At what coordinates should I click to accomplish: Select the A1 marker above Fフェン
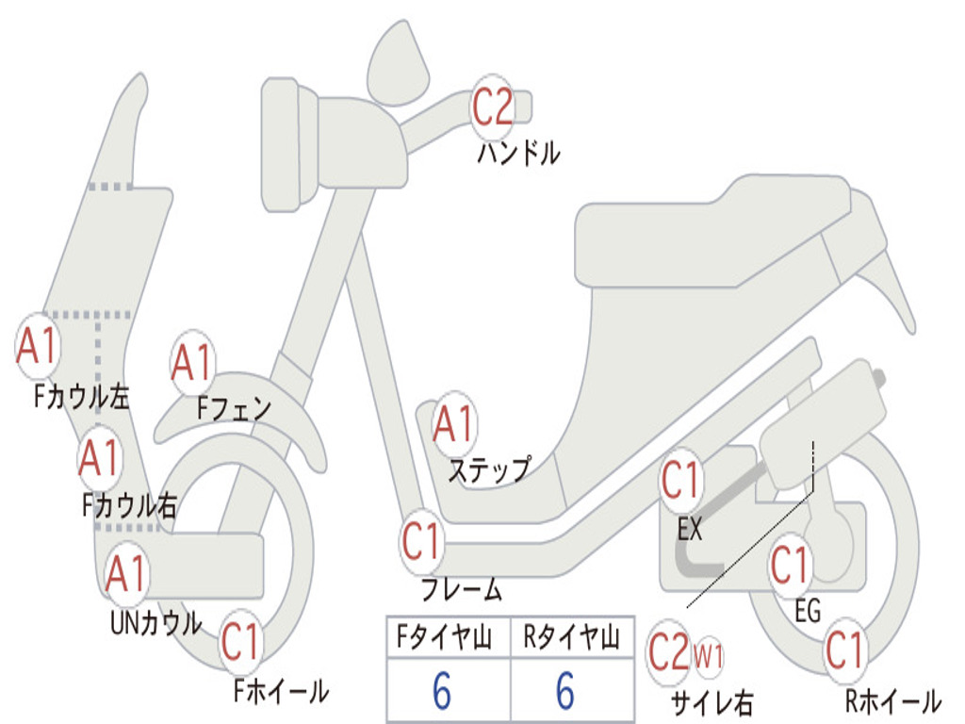193,363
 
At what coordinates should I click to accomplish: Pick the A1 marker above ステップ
454,424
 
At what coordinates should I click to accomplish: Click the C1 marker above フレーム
422,541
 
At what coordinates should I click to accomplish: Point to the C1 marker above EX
681,482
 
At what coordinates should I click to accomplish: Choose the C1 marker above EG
790,566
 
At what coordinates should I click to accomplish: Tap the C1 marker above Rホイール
844,650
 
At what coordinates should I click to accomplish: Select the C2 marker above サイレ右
669,652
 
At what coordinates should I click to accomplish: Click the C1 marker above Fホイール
241,643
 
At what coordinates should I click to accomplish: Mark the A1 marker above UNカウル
125,573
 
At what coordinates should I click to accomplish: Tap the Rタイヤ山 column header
571,639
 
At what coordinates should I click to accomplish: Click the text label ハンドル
518,152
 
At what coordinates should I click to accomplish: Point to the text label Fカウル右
129,506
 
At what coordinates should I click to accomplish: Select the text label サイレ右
711,702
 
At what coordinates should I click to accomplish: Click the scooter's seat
716,236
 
